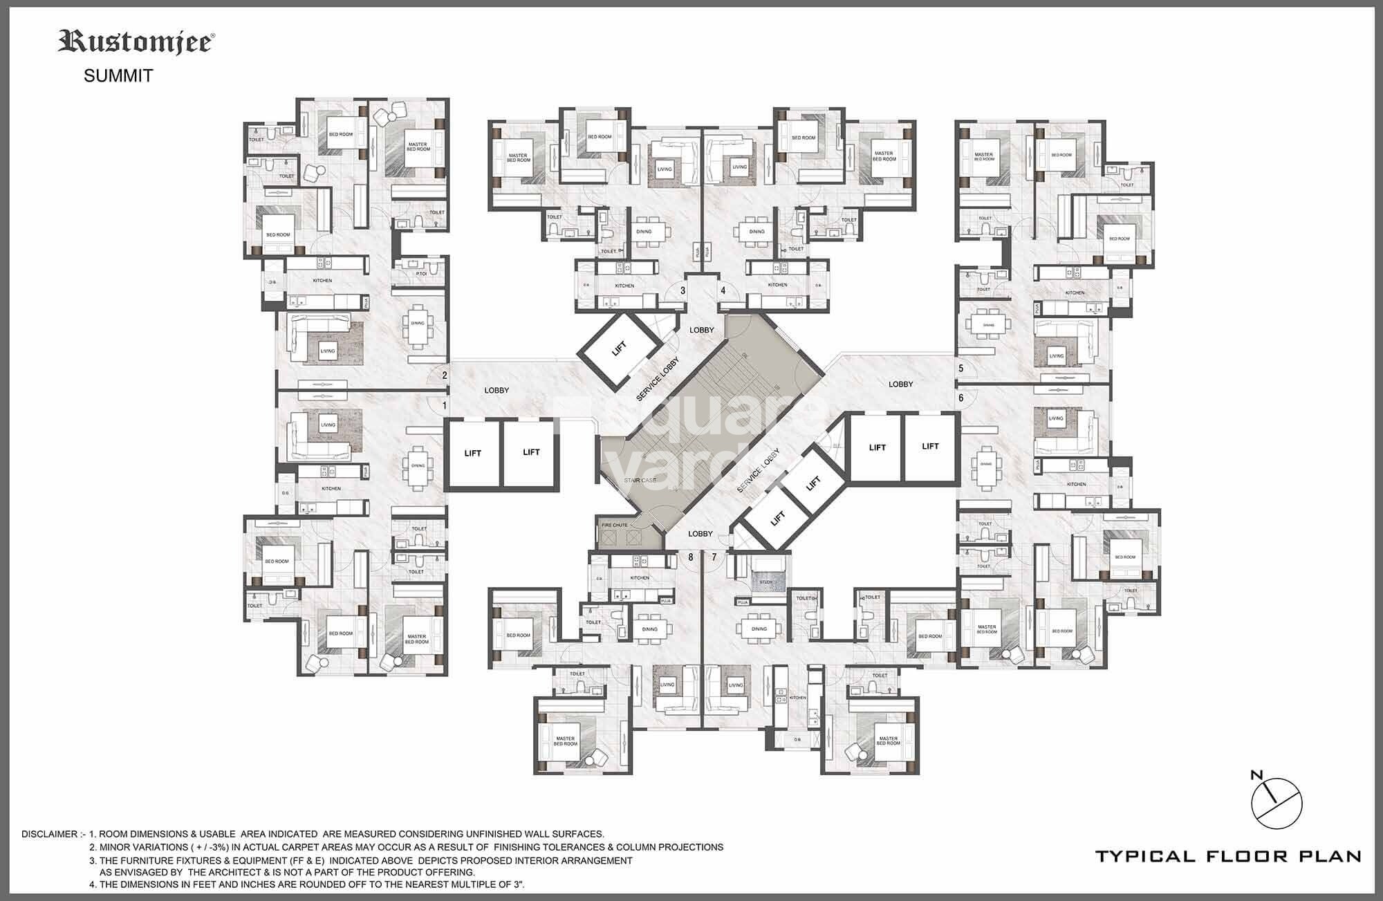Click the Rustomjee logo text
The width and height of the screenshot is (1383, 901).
[136, 43]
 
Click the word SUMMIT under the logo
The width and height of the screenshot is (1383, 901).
[118, 76]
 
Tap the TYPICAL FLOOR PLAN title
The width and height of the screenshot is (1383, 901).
[1228, 857]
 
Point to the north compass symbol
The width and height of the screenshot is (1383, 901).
[1277, 802]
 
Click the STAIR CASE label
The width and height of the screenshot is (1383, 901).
[640, 479]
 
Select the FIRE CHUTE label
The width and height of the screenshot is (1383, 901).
[615, 526]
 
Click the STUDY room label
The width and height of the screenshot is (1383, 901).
[765, 582]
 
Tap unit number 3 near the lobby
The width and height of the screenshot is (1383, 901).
[683, 291]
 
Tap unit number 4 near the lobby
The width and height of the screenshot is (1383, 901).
[723, 291]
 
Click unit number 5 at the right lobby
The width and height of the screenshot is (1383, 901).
[961, 369]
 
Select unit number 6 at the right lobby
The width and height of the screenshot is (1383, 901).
[961, 398]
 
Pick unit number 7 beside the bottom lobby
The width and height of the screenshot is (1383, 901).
[714, 557]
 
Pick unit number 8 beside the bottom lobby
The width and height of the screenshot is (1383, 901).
[690, 557]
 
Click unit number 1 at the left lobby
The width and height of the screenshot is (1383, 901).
[445, 406]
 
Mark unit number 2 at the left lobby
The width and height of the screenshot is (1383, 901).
[445, 376]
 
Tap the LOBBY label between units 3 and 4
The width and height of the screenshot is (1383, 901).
[702, 331]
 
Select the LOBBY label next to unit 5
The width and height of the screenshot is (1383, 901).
[900, 384]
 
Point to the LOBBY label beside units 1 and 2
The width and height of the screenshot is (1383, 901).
[496, 391]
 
